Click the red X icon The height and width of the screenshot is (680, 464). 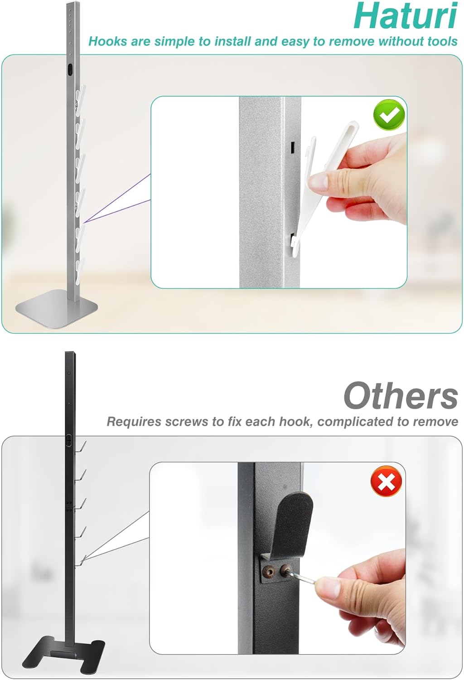click(387, 481)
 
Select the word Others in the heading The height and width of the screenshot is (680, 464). click(400, 396)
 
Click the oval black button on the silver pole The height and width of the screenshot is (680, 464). click(70, 70)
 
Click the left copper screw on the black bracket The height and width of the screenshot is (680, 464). click(270, 571)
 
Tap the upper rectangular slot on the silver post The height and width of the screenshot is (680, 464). click(292, 147)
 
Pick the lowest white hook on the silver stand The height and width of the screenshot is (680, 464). click(80, 268)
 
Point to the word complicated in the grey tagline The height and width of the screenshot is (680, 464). click(354, 422)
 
